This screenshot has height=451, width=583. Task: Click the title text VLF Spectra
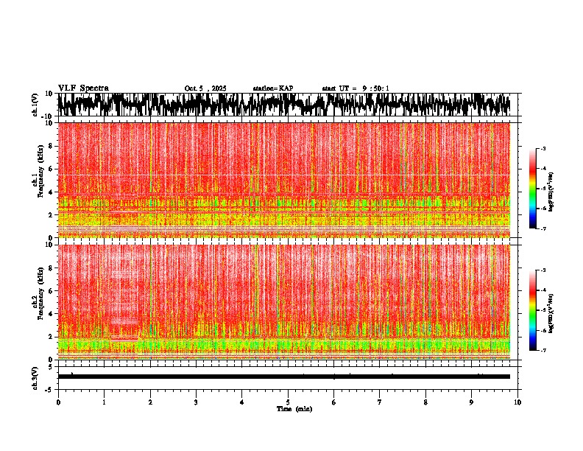[83, 88]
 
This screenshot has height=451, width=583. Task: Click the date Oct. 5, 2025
[205, 88]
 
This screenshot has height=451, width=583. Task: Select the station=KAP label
[272, 88]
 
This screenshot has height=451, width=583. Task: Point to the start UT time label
[356, 88]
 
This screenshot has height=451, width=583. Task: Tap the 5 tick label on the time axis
[288, 402]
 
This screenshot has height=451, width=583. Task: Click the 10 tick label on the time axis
[517, 402]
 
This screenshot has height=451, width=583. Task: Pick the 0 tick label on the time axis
[58, 402]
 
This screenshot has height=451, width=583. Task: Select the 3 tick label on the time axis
[196, 402]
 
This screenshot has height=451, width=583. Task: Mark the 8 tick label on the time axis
[425, 402]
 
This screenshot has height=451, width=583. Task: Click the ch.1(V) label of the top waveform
[36, 105]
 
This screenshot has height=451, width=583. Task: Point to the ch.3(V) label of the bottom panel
[36, 377]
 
